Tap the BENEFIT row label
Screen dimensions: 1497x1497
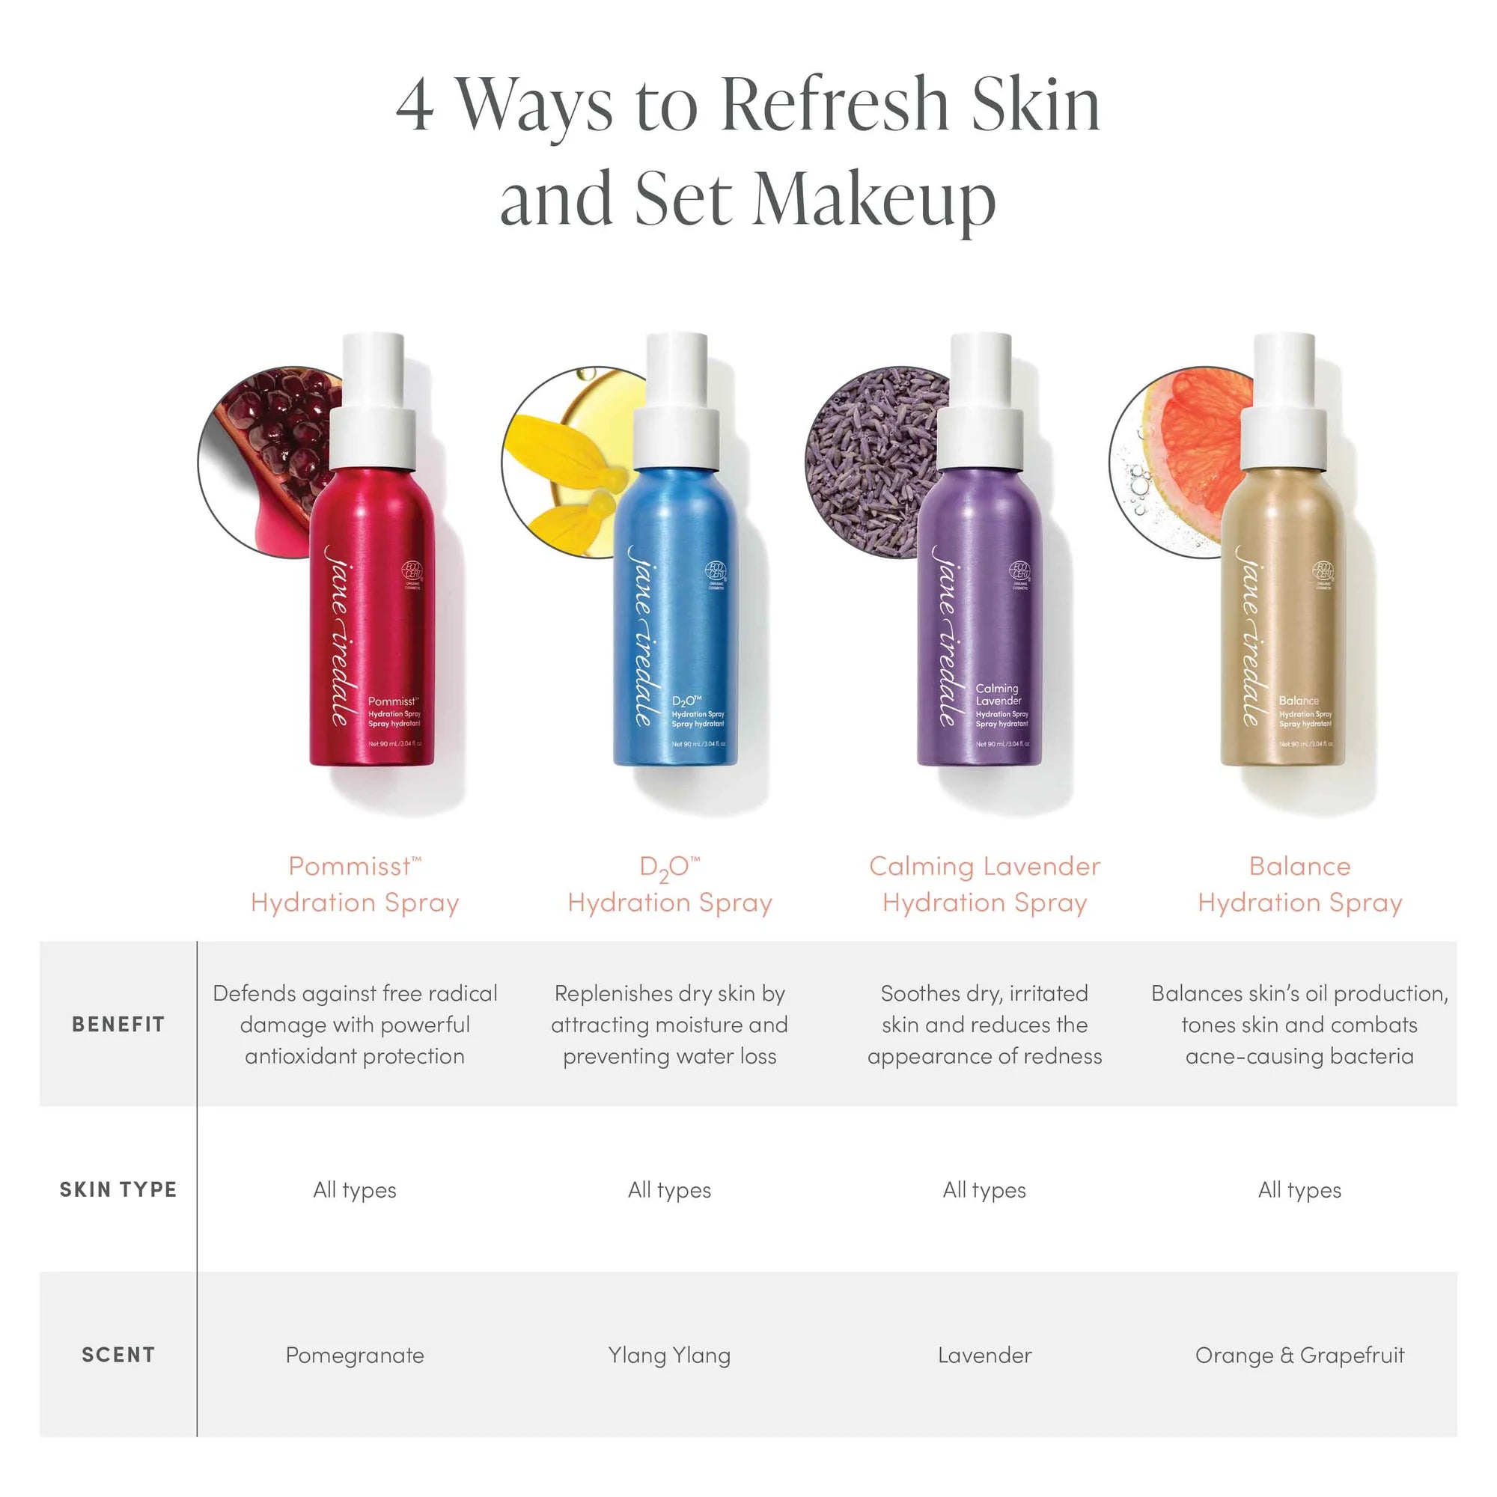point(118,1025)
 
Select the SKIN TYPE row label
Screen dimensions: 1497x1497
point(118,1189)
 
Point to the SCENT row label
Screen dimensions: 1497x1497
point(118,1356)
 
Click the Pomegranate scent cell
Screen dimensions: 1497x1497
point(355,1356)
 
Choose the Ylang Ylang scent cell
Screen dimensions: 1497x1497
point(669,1356)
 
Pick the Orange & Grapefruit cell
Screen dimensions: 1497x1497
point(1299,1356)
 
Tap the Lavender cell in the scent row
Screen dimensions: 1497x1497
point(985,1356)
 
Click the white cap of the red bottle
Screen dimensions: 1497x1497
point(374,403)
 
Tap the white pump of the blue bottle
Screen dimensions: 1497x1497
point(677,403)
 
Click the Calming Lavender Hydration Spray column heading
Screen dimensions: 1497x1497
point(985,884)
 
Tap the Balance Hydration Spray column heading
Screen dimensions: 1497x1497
point(1299,884)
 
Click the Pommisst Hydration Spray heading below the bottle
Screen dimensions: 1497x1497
point(355,884)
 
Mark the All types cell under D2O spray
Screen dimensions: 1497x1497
point(669,1190)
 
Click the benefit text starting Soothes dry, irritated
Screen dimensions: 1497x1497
point(985,1025)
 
